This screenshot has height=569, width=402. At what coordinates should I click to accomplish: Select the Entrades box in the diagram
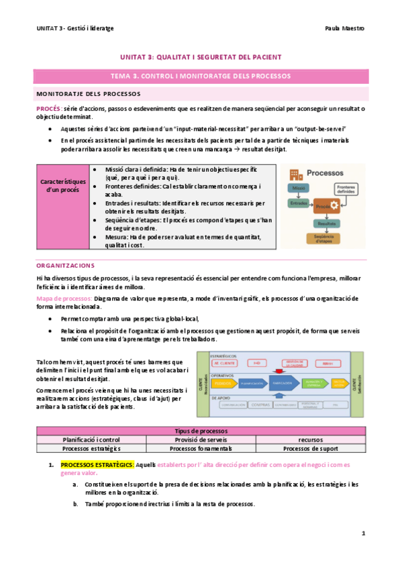click(299, 203)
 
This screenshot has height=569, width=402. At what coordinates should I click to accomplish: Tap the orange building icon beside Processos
click(295, 174)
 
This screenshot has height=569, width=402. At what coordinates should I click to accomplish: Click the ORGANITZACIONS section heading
click(66, 266)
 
